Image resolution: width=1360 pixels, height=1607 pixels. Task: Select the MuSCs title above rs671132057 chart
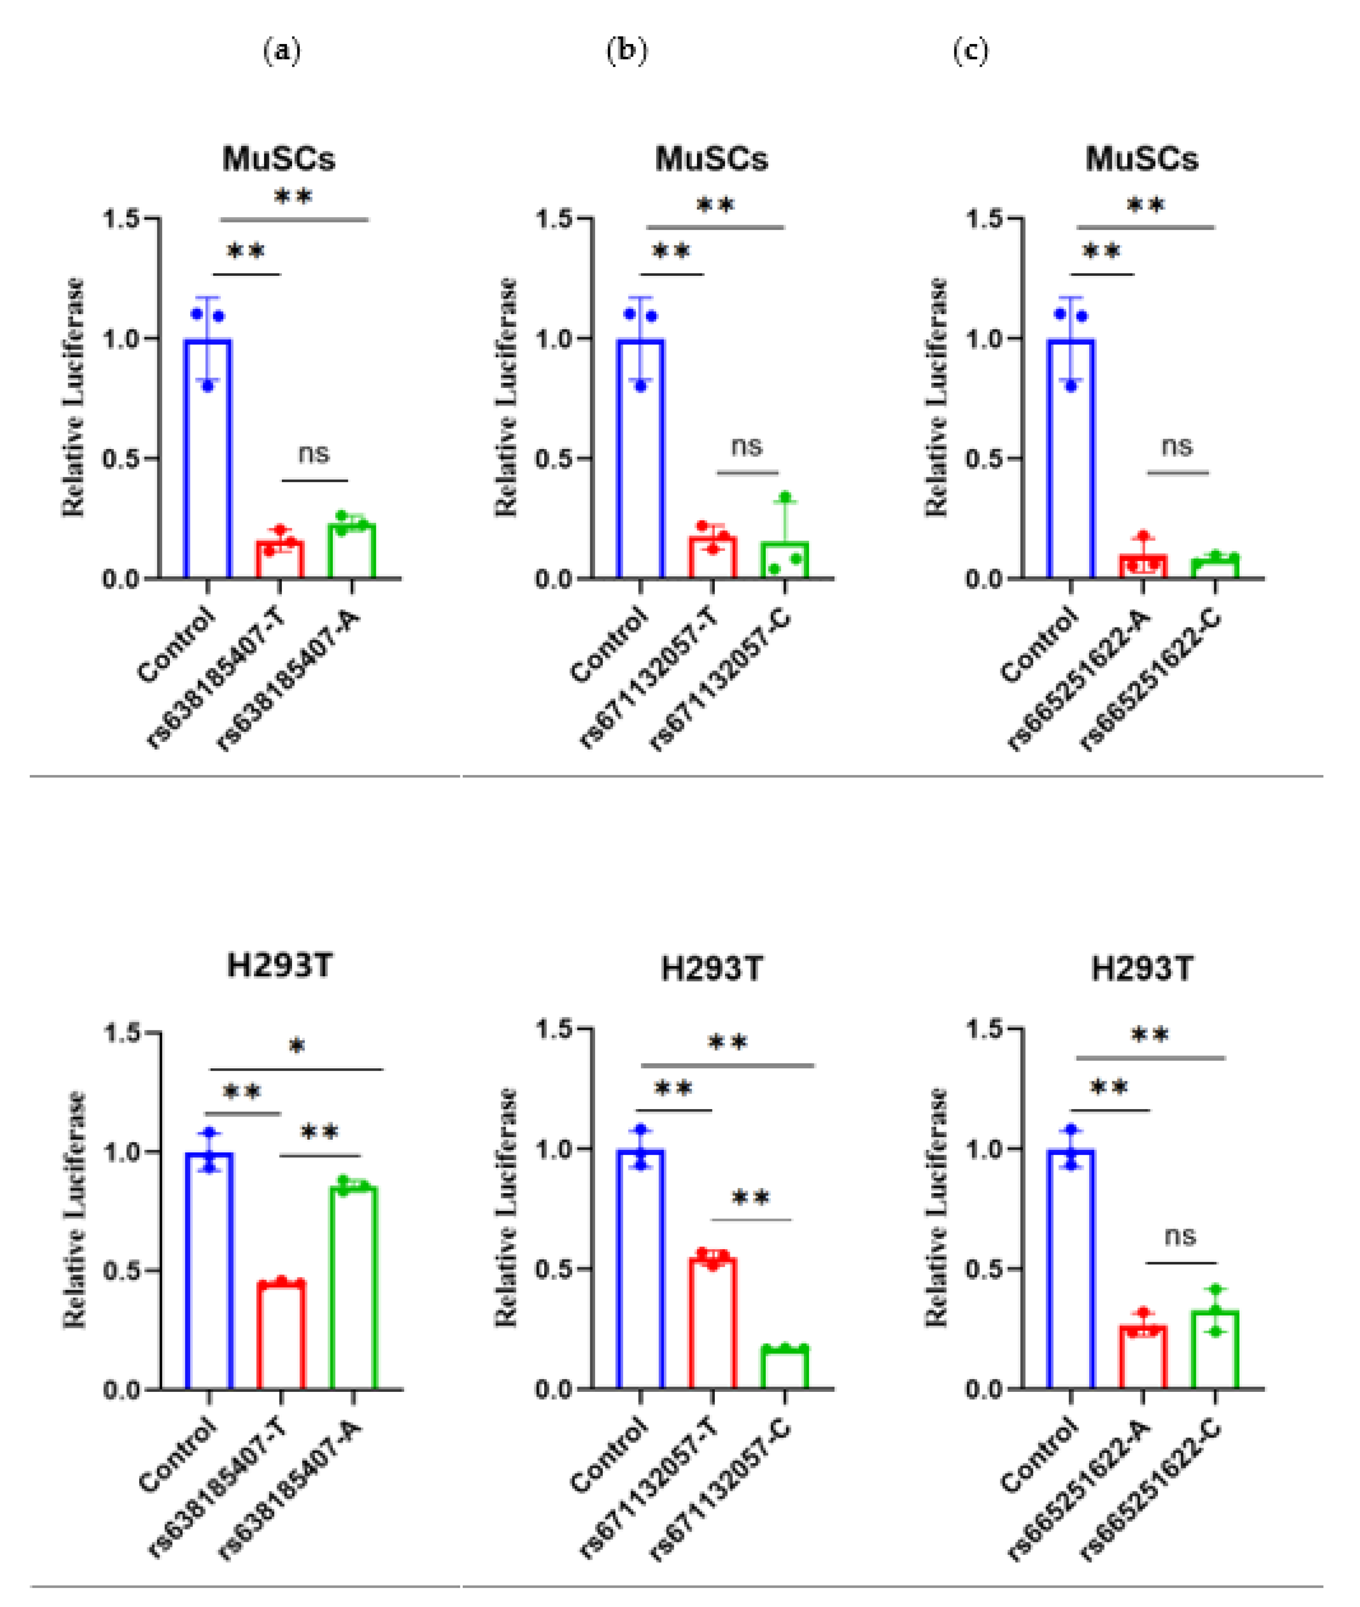pos(711,159)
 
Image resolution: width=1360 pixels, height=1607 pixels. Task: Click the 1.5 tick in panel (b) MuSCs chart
pos(555,219)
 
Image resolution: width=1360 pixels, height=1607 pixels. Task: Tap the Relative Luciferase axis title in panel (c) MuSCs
pos(936,397)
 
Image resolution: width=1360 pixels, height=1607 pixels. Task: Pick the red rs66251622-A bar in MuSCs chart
pos(1142,565)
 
